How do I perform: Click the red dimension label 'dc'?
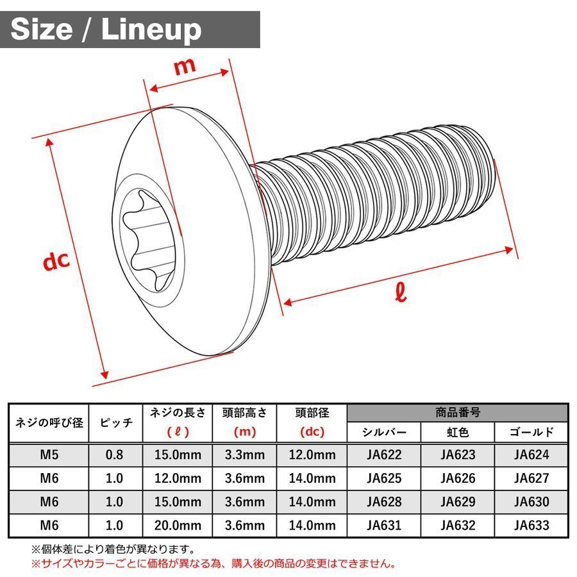(56, 260)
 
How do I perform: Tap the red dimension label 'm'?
(185, 66)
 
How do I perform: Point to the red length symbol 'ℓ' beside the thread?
(401, 292)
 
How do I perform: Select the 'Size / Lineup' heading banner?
(130, 29)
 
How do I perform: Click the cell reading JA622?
(384, 455)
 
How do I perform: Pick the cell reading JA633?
(531, 525)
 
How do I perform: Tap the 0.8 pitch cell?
(115, 455)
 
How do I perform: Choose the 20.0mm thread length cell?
(178, 525)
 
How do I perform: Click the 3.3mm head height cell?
(245, 455)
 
